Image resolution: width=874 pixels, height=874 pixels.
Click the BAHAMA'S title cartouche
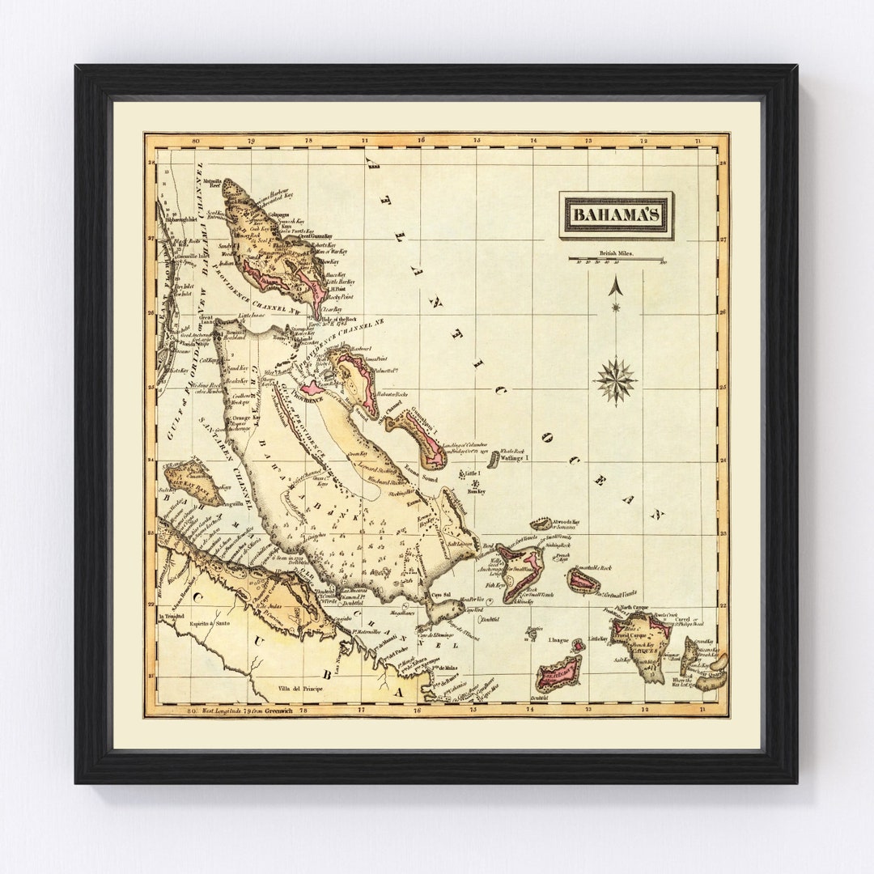[x=616, y=215]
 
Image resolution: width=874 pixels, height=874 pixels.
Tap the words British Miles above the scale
[x=616, y=253]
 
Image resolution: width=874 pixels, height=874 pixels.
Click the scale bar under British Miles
[x=616, y=260]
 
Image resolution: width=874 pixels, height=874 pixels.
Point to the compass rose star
[x=616, y=380]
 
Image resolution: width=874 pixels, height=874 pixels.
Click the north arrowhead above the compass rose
[x=616, y=285]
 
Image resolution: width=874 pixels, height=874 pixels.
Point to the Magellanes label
[x=405, y=613]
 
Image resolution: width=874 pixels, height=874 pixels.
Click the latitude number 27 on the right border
[x=723, y=240]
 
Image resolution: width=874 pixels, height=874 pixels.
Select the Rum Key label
[x=477, y=490]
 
